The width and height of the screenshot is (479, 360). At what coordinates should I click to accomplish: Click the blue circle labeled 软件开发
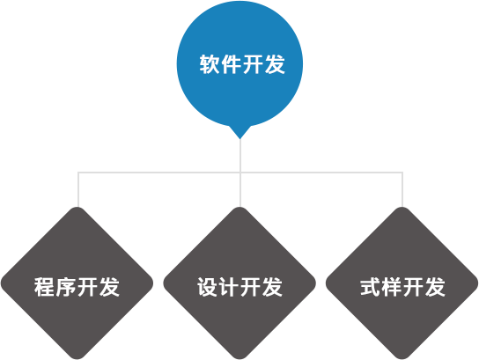tap(239, 63)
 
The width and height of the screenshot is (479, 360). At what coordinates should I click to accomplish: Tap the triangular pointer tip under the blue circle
tap(240, 138)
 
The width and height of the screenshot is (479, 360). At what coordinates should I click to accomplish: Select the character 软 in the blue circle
tap(210, 64)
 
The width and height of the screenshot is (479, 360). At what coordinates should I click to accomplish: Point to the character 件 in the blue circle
tap(232, 64)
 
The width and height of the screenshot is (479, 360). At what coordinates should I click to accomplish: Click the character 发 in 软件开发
tap(275, 64)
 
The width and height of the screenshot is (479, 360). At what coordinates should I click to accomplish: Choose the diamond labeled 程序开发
tap(77, 283)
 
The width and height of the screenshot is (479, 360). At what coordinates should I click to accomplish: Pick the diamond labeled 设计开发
tap(239, 283)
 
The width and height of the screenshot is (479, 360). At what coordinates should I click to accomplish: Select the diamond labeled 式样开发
tap(402, 283)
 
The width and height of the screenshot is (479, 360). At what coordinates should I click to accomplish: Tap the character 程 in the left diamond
tap(45, 287)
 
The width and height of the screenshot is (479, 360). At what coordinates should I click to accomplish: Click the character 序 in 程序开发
tap(66, 287)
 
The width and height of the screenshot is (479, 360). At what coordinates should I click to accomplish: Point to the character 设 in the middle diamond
tap(208, 287)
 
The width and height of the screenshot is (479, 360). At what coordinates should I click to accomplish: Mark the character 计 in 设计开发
tap(229, 287)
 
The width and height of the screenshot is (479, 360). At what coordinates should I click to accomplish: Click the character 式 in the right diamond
tap(370, 287)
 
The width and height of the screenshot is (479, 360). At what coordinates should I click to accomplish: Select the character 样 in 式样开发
tap(392, 287)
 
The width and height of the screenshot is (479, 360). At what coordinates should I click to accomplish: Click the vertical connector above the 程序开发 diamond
tap(78, 189)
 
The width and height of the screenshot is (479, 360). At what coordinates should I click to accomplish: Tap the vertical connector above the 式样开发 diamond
tap(402, 189)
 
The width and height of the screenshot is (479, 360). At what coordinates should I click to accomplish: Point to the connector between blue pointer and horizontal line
tap(240, 156)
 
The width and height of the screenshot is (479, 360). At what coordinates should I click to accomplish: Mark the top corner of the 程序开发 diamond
tap(77, 207)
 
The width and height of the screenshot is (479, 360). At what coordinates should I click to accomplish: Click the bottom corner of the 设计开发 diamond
tap(239, 359)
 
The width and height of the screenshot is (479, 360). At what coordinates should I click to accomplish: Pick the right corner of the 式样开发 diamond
tap(478, 283)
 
